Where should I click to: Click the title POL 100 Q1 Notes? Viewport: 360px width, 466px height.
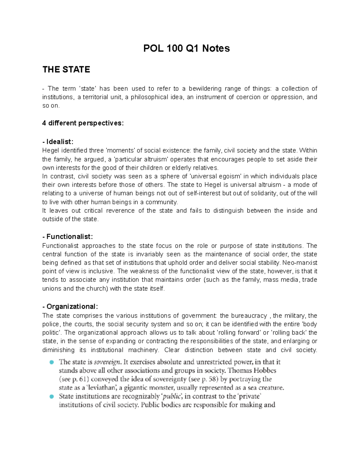click(186, 48)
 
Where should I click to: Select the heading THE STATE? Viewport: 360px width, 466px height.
click(66, 70)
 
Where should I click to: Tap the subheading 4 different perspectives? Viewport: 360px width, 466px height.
click(83, 123)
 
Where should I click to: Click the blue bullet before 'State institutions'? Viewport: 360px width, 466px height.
click(52, 396)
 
